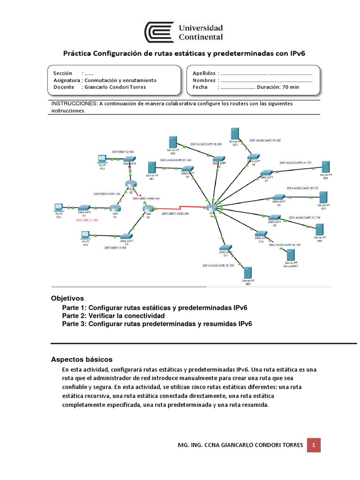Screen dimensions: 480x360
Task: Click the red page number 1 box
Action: pyautogui.click(x=314, y=444)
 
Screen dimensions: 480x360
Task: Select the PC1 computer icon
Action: pyautogui.click(x=58, y=207)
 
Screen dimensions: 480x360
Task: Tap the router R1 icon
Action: pyautogui.click(x=115, y=208)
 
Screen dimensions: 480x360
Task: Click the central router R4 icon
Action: pyautogui.click(x=212, y=208)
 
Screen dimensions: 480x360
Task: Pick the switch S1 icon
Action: pyautogui.click(x=84, y=207)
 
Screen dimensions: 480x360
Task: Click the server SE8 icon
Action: pyautogui.click(x=247, y=273)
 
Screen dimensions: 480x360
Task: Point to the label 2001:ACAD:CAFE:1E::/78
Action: pyautogui.click(x=218, y=266)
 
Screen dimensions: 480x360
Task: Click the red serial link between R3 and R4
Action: pyautogui.click(x=180, y=209)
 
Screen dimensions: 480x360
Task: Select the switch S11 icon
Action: pyautogui.click(x=225, y=248)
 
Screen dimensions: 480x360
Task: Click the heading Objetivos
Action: pyautogui.click(x=67, y=298)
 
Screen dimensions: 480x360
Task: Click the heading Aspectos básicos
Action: pyautogui.click(x=82, y=359)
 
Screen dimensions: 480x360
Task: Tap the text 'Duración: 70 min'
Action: pyautogui.click(x=278, y=87)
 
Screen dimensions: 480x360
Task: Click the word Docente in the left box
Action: pyautogui.click(x=64, y=87)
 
